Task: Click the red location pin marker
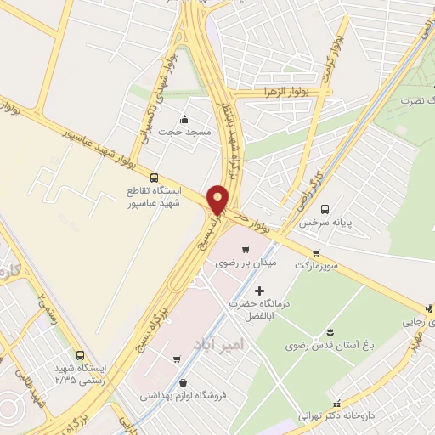(218, 198)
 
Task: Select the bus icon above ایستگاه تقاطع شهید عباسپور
(154, 178)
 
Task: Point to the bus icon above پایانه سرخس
(324, 208)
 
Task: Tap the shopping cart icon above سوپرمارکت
(316, 252)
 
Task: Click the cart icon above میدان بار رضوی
(246, 250)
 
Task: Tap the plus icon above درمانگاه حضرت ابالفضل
(259, 291)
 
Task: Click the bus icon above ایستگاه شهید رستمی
(80, 356)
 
